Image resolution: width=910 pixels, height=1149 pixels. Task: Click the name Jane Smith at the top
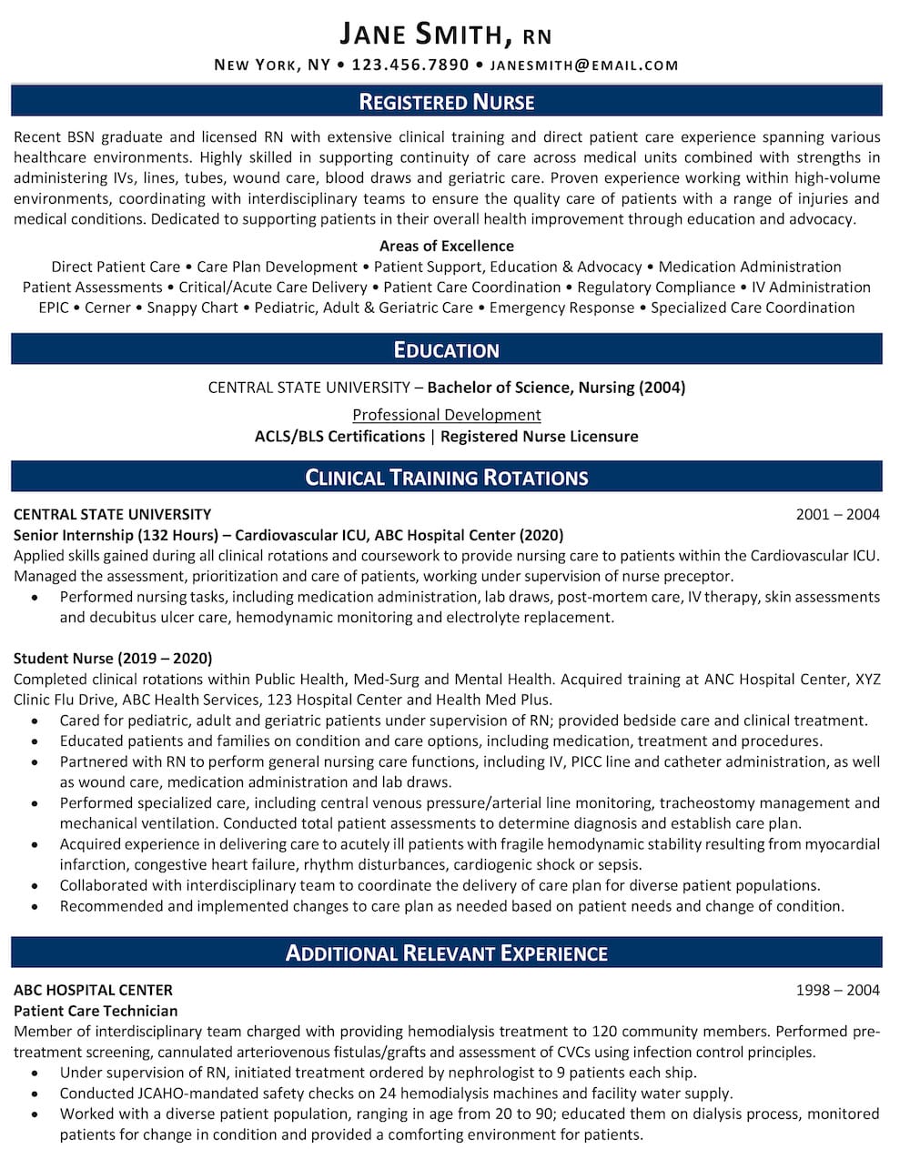coord(422,35)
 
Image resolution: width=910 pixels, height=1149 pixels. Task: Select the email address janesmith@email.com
coord(584,65)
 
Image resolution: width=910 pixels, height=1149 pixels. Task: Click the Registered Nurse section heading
coord(447,102)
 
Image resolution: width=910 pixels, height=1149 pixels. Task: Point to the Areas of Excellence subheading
coord(447,246)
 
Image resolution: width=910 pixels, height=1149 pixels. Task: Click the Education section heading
coord(447,350)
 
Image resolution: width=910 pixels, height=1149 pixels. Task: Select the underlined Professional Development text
coord(447,415)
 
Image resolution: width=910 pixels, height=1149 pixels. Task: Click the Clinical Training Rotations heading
coord(447,478)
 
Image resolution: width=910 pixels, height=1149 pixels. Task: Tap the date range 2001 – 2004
coord(837,514)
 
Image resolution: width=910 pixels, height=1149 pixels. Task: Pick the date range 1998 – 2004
coord(837,990)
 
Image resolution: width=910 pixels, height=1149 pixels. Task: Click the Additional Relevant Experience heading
coord(447,953)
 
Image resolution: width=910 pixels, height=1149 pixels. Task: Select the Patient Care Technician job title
coord(96,1011)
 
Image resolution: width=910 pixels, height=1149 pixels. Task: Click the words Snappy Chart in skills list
coord(192,307)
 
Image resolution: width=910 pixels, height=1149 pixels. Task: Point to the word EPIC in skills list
coord(54,307)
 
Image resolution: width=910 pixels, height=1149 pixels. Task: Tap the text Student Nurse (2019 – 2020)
coord(113,658)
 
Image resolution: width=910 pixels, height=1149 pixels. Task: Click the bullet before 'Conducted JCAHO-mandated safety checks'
coord(35,1094)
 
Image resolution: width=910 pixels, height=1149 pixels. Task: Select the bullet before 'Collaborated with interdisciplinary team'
coord(35,886)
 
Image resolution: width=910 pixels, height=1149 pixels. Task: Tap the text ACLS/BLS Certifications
coord(339,436)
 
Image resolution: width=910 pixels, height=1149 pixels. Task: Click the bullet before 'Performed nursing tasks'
coord(35,598)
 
